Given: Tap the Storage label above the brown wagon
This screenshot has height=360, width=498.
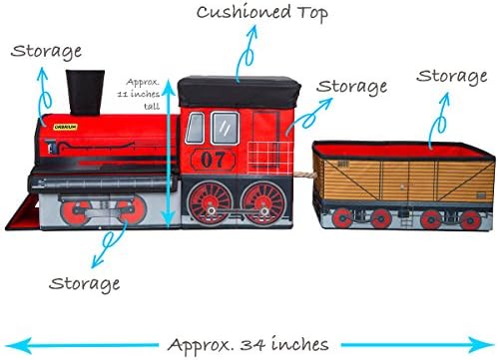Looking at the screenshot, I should (x=451, y=76).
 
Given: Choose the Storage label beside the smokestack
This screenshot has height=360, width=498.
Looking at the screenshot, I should (x=46, y=49).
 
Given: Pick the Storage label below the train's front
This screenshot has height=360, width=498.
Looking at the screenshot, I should (x=84, y=283).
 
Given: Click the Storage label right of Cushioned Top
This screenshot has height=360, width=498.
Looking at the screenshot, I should (x=350, y=87).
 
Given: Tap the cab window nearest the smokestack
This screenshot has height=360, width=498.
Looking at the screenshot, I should (x=197, y=127).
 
